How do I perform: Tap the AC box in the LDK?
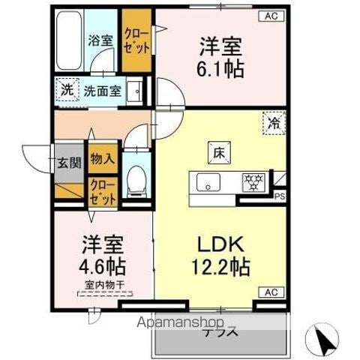click(x=271, y=291)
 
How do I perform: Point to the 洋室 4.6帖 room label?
click(x=103, y=256)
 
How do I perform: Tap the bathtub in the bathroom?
click(x=67, y=38)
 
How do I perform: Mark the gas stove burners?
click(x=250, y=182)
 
